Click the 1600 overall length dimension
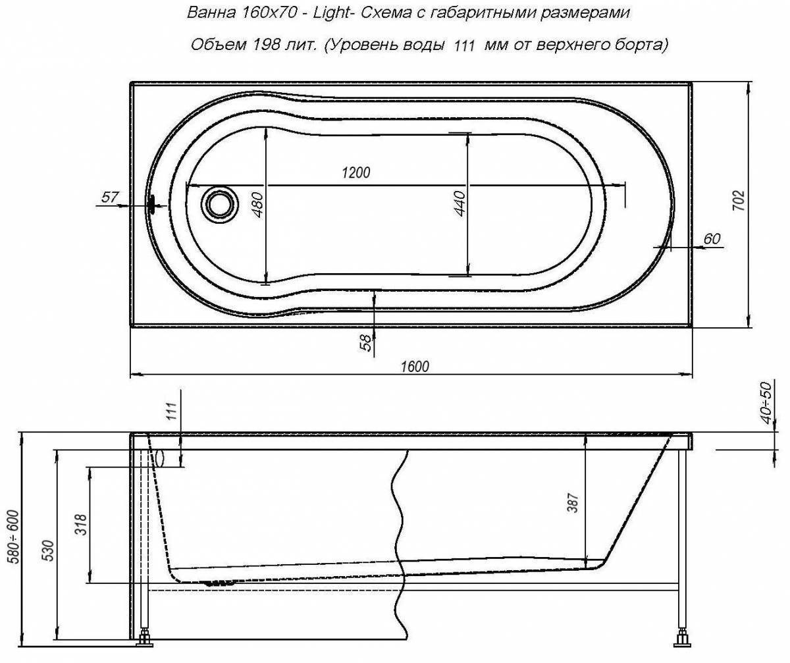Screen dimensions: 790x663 click(415, 366)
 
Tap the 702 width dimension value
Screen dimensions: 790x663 click(739, 201)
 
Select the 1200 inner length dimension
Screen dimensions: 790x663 click(355, 172)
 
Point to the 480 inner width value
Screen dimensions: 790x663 click(258, 205)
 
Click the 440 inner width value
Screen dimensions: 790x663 click(460, 203)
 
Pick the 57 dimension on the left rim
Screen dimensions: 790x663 click(110, 197)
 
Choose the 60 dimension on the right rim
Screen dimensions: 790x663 click(712, 239)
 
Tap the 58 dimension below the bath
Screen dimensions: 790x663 click(366, 343)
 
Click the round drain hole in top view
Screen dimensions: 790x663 click(219, 204)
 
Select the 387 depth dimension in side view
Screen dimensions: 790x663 click(573, 502)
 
